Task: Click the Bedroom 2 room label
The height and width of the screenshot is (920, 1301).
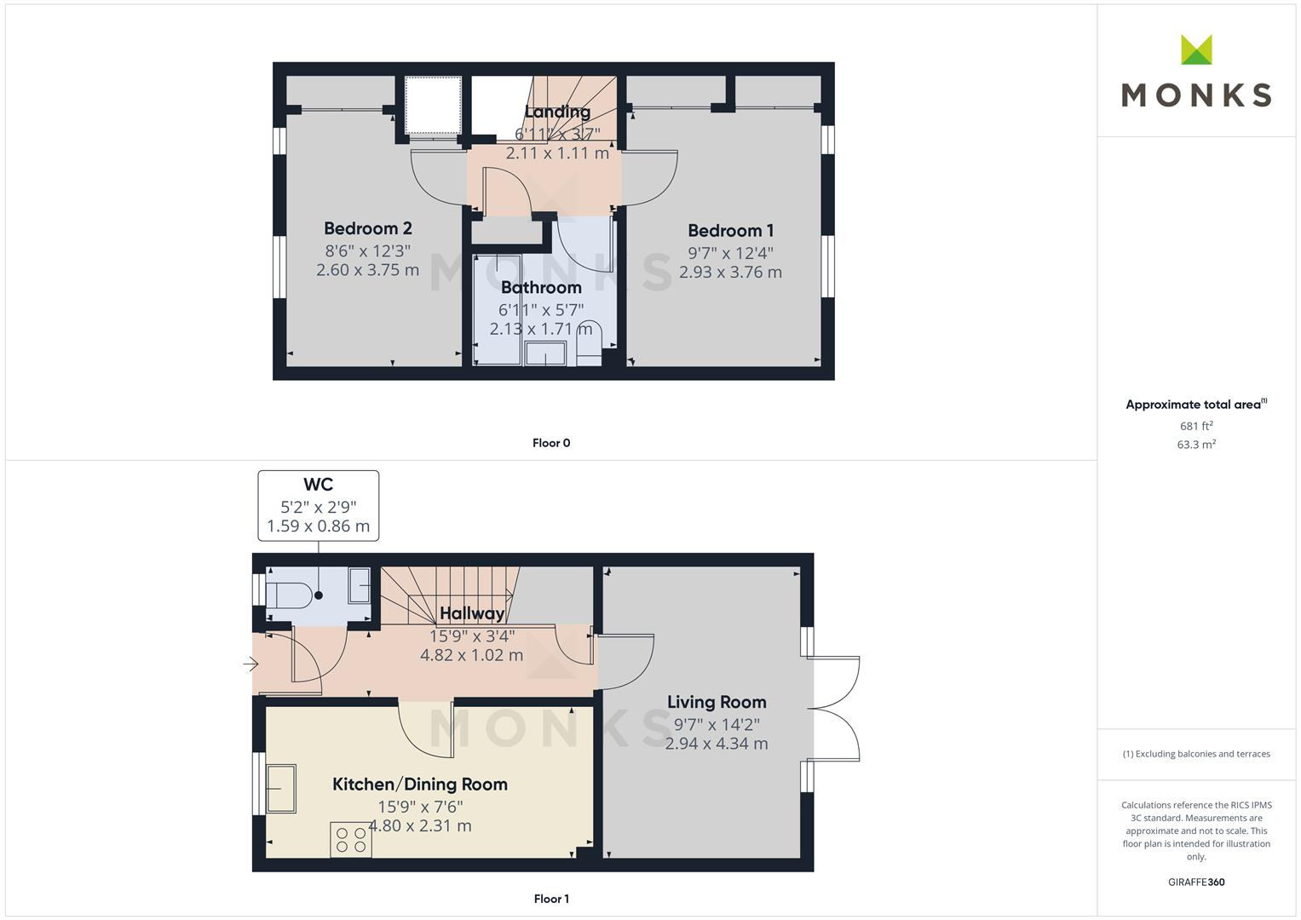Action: [x=367, y=228]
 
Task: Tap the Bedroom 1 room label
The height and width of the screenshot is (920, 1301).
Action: [x=730, y=231]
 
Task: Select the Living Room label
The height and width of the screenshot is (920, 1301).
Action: [x=717, y=702]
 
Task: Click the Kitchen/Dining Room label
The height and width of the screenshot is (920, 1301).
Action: [x=419, y=785]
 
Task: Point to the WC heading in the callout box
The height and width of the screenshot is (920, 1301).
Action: [x=318, y=485]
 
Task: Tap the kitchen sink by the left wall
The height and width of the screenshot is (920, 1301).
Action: [x=280, y=788]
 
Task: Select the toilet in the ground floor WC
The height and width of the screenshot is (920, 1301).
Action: [x=288, y=595]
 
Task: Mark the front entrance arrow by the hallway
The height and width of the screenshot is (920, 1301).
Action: [x=250, y=664]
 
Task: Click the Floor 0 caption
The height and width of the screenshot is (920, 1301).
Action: [x=551, y=443]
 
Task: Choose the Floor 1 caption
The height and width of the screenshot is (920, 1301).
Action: [x=551, y=899]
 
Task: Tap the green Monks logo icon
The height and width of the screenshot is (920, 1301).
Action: [x=1196, y=49]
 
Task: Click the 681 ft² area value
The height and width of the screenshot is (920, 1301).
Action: [x=1196, y=426]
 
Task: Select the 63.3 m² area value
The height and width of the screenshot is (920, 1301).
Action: [x=1196, y=445]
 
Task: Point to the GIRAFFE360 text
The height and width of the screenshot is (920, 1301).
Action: [x=1196, y=882]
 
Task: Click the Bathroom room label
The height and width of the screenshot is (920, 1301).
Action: [x=541, y=288]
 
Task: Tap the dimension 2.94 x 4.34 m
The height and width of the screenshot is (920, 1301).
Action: [x=717, y=744]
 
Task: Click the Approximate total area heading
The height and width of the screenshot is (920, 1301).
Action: [x=1195, y=405]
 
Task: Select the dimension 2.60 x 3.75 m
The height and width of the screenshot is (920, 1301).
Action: [x=367, y=270]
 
